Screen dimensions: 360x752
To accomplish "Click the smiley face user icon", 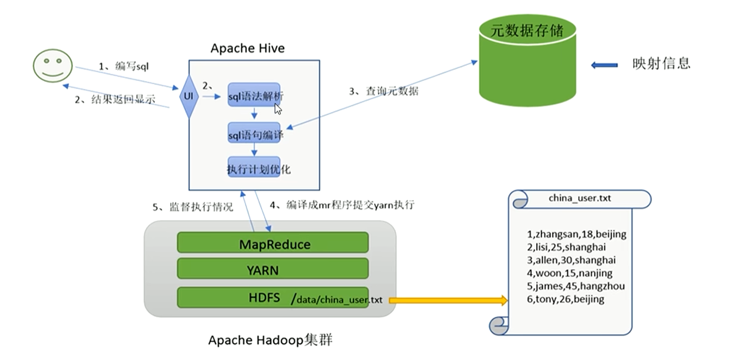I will (x=52, y=66).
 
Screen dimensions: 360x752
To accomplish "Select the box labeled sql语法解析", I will (x=255, y=96).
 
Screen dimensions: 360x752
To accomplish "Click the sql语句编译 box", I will (x=255, y=134).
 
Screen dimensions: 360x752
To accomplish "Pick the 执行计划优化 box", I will (x=255, y=169).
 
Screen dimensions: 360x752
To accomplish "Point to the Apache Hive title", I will (x=248, y=48).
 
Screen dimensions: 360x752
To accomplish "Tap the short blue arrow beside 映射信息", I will (x=604, y=65).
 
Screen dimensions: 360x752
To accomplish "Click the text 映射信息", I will (x=662, y=63).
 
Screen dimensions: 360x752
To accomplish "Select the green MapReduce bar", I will (x=272, y=244).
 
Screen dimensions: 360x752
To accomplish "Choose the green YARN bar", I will (x=272, y=270).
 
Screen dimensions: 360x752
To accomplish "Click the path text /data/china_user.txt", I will (x=336, y=300).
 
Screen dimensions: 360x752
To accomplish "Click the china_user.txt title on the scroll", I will (x=579, y=198).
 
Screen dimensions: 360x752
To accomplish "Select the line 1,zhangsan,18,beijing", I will (x=577, y=234).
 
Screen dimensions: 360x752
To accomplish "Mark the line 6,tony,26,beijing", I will (x=566, y=300).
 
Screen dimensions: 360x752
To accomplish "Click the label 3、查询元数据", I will (x=383, y=92).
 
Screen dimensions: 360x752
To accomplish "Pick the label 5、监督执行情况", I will (x=193, y=207).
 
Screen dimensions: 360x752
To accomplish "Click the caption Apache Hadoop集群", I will (x=270, y=339).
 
